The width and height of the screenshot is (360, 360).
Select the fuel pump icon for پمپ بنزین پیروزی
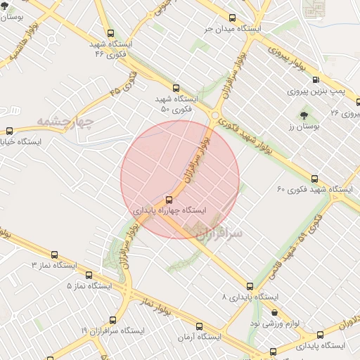(314, 80)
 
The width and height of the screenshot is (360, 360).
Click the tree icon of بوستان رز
(304, 115)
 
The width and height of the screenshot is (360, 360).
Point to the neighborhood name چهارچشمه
(66, 122)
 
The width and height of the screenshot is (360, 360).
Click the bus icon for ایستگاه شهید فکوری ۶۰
(314, 178)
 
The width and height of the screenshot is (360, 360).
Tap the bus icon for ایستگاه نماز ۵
(89, 275)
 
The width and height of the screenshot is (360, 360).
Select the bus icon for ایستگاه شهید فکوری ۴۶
(110, 32)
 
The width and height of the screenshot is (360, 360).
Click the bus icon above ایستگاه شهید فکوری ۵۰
(176, 88)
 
